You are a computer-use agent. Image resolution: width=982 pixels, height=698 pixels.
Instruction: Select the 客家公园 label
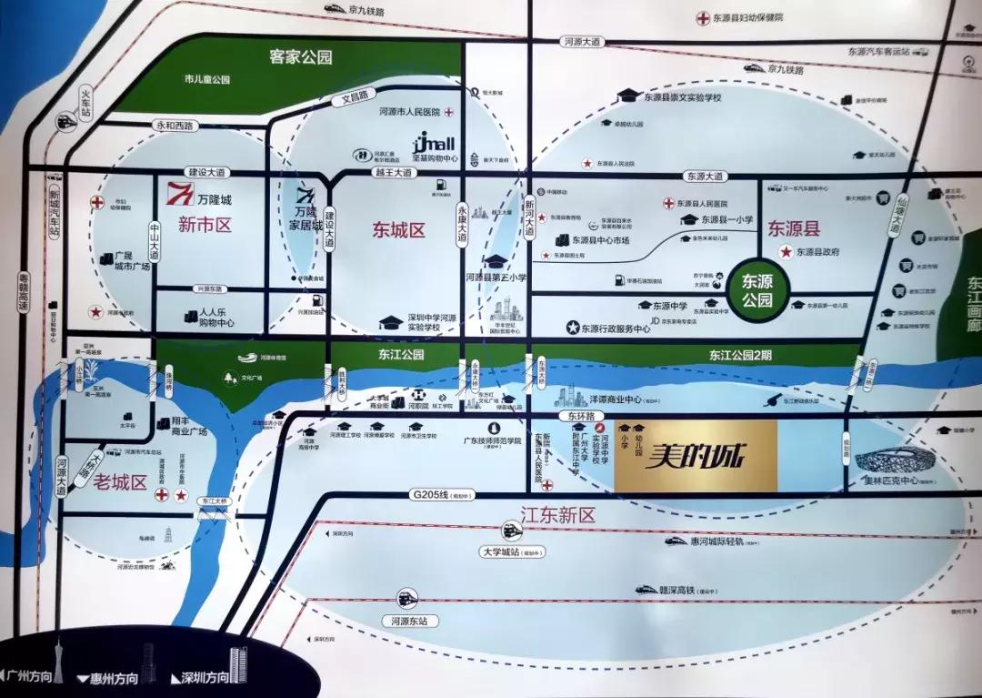[x=301, y=57]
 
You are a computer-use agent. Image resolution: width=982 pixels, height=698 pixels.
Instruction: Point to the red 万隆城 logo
[x=180, y=193]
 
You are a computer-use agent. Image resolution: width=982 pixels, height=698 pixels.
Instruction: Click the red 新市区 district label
[x=205, y=225]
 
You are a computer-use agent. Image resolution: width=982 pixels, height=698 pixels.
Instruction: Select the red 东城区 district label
[x=398, y=230]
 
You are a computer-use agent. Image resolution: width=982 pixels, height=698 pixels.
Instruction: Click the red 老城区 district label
[x=120, y=483]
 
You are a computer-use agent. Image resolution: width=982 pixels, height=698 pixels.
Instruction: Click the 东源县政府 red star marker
[x=785, y=251]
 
